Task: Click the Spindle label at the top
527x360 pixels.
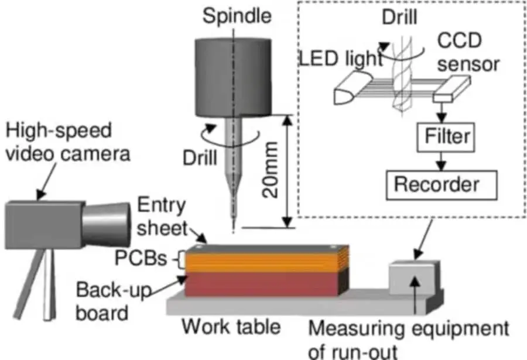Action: pyautogui.click(x=237, y=16)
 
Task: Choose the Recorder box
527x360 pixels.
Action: pyautogui.click(x=440, y=184)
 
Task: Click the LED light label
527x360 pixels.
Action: pyautogui.click(x=340, y=59)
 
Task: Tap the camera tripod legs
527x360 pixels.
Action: pyautogui.click(x=44, y=287)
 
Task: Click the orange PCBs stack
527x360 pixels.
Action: pyautogui.click(x=266, y=261)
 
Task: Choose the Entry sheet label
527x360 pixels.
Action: pyautogui.click(x=162, y=216)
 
